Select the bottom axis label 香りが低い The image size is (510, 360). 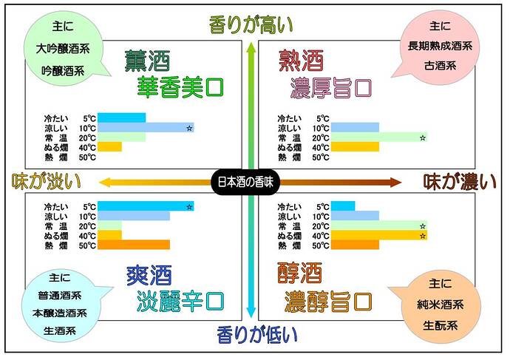point(257,335)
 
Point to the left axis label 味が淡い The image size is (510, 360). point(45,181)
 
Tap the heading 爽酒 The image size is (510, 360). point(149,276)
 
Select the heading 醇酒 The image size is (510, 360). point(299,276)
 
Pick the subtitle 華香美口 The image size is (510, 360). point(180,87)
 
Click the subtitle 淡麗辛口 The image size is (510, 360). point(180,302)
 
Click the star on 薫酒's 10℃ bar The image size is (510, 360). point(189,128)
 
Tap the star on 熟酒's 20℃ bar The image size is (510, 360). point(423,137)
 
